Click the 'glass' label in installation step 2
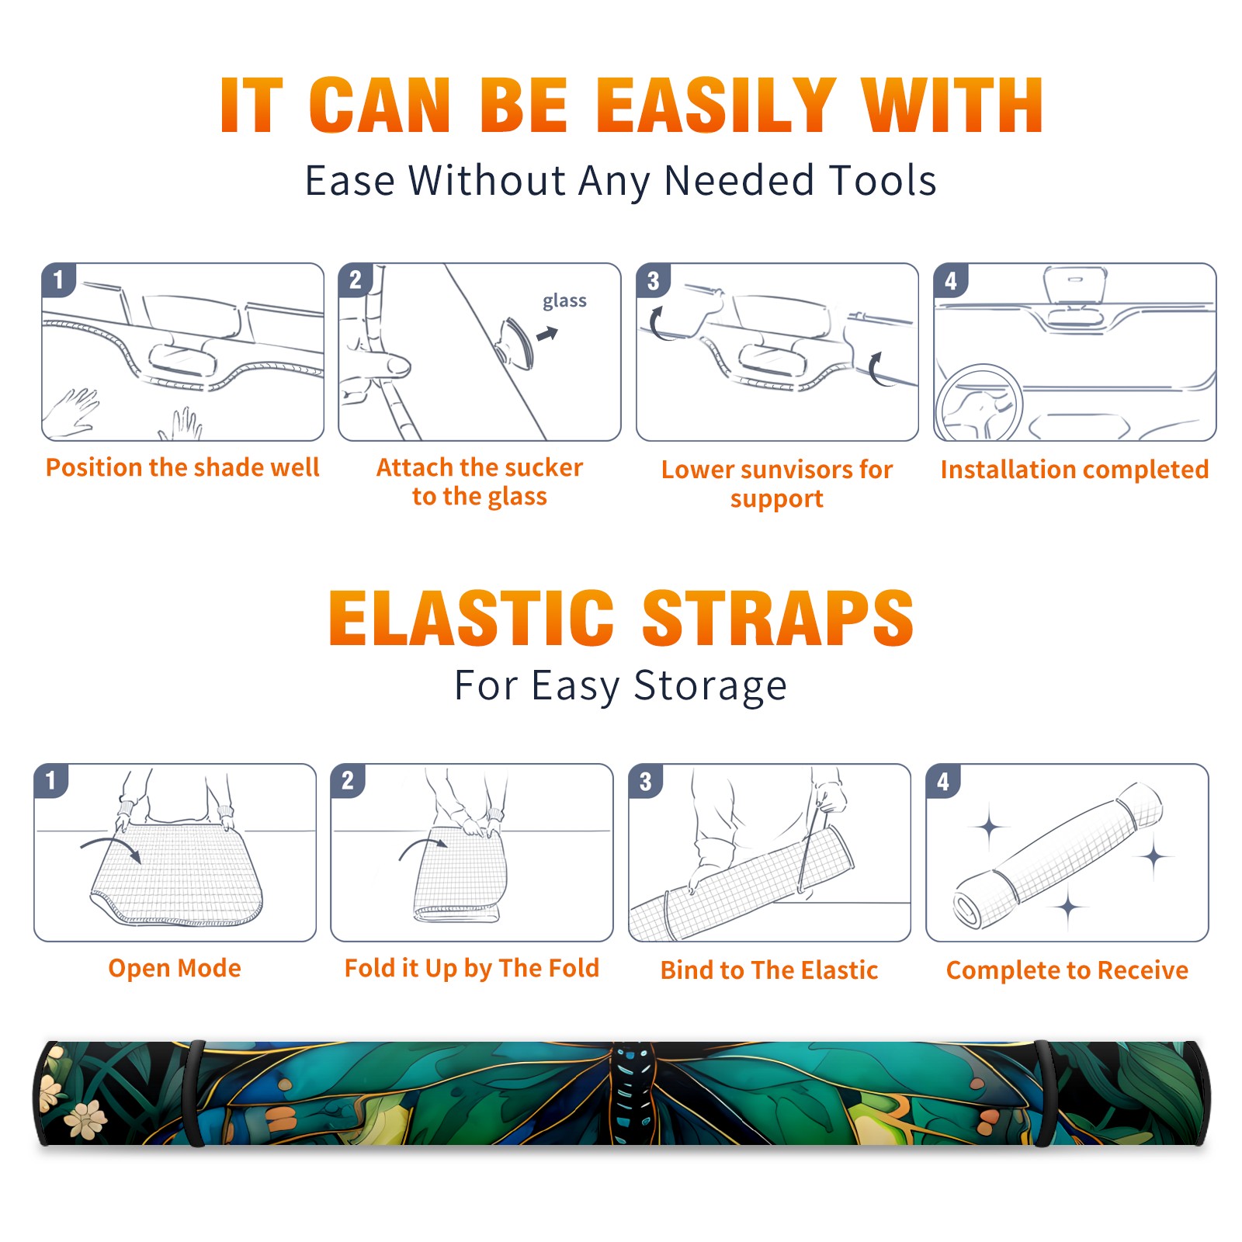tap(564, 301)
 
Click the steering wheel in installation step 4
tap(979, 402)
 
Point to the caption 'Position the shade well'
tap(182, 467)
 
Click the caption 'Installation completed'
tap(1074, 470)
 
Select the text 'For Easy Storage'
tap(620, 685)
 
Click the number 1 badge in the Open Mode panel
tap(51, 780)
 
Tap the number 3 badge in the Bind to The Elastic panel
tap(646, 781)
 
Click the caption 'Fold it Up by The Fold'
tap(472, 969)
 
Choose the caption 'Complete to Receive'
tap(1067, 970)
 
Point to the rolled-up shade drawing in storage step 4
tap(1058, 855)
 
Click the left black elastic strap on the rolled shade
tap(196, 1093)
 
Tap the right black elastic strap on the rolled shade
tap(1045, 1093)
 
